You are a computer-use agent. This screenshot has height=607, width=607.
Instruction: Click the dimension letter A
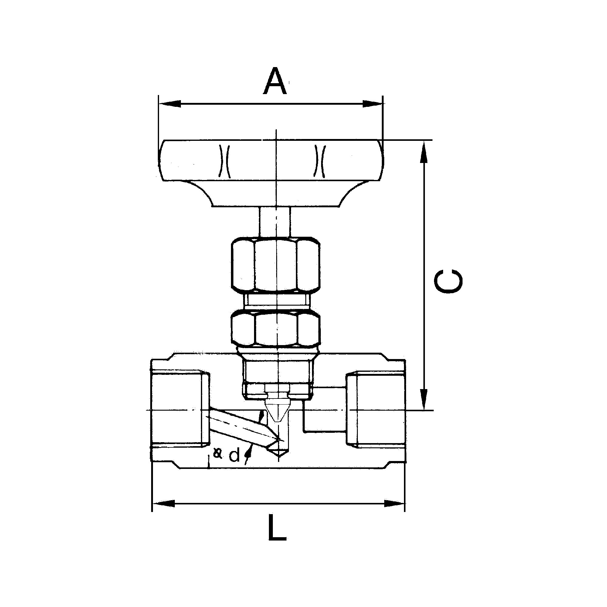275,80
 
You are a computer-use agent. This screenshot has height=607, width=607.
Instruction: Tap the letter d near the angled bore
234,455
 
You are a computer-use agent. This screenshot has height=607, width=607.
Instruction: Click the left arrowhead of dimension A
170,104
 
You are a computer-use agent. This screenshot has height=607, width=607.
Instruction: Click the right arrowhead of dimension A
373,104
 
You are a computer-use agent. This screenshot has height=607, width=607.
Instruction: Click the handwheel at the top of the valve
271,173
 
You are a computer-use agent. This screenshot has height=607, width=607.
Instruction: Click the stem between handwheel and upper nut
275,222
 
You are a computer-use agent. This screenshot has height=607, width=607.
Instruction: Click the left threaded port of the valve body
180,410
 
